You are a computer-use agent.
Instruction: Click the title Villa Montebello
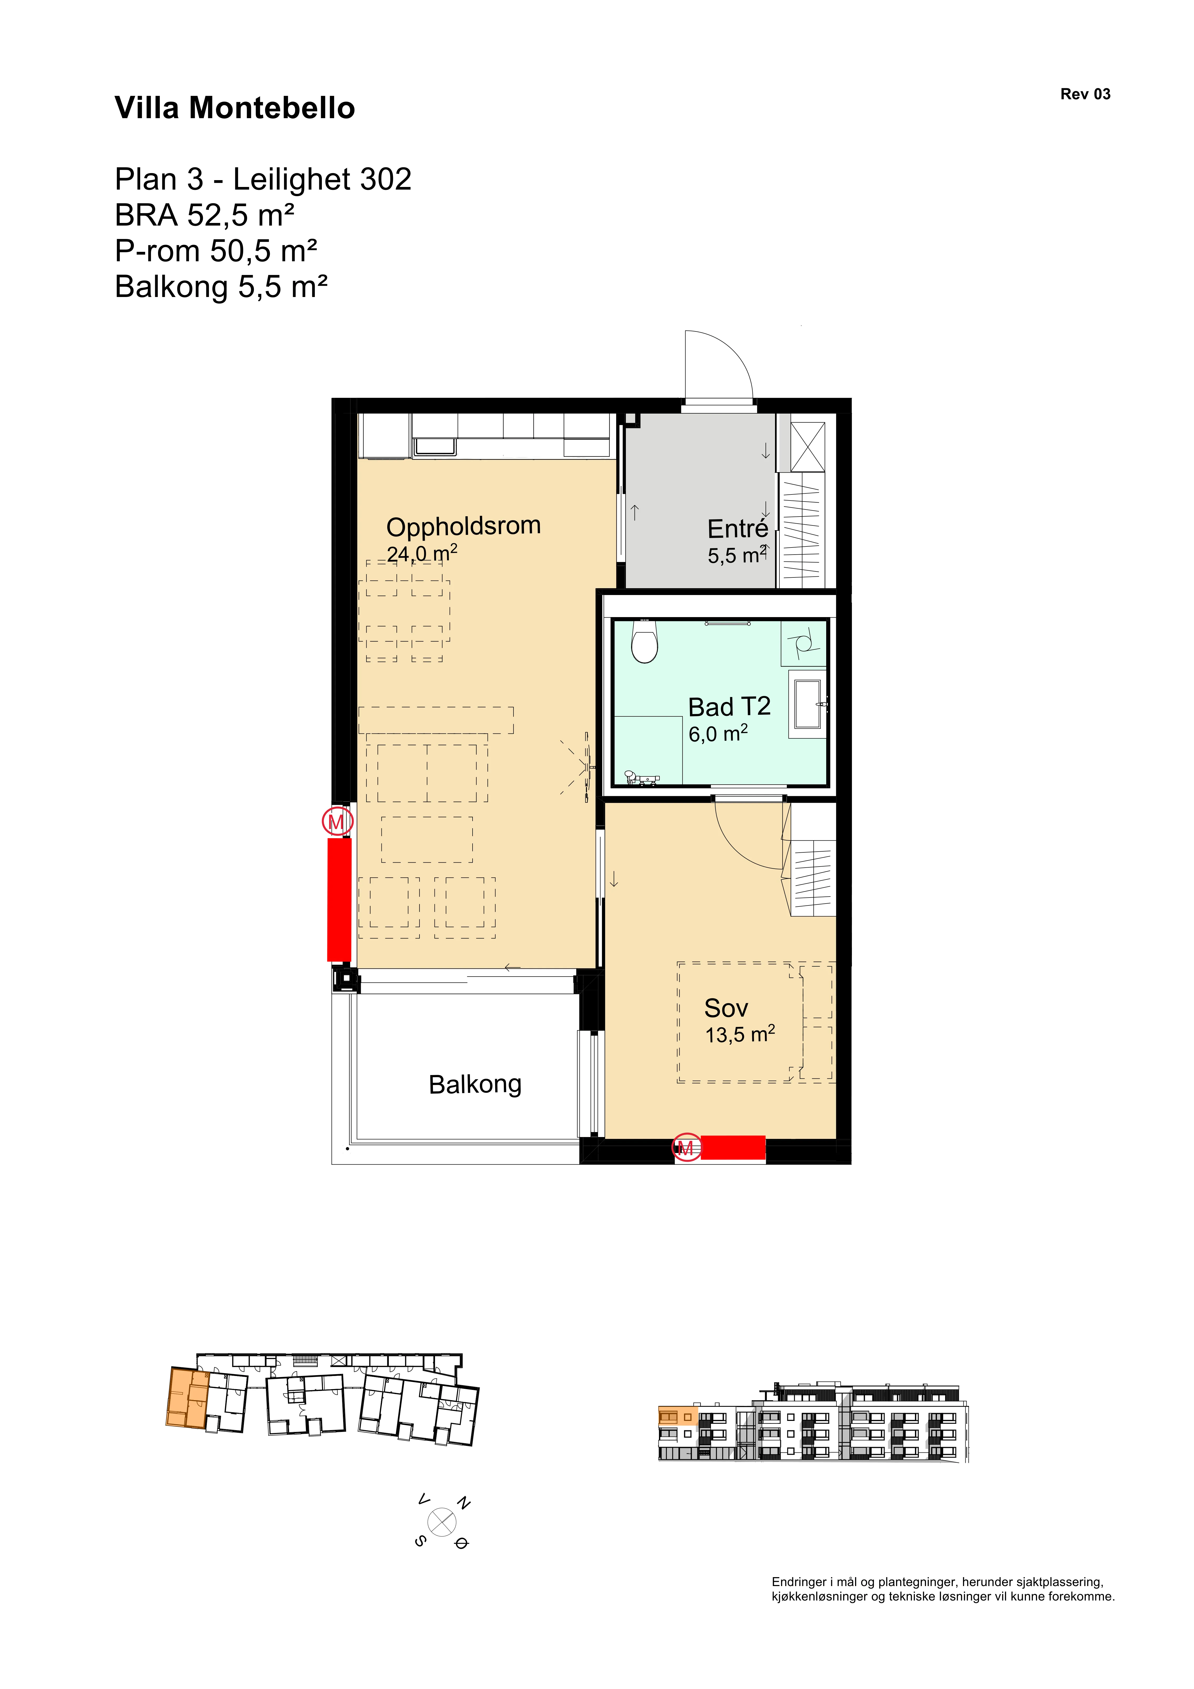[235, 108]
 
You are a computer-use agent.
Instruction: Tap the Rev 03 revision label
[1085, 94]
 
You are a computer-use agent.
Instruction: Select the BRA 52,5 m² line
[205, 216]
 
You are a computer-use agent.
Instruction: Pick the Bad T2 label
[729, 707]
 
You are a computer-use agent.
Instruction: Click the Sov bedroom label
[726, 1008]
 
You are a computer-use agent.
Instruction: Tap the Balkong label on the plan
[475, 1084]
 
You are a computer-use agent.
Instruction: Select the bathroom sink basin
[808, 704]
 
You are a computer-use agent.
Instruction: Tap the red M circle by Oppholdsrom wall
[336, 821]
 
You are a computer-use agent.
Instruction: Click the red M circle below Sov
[686, 1148]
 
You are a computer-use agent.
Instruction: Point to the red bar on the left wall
[339, 899]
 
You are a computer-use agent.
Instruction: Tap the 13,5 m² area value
[740, 1034]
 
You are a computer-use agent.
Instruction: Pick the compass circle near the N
[442, 1522]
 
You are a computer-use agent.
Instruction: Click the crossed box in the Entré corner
[808, 447]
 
